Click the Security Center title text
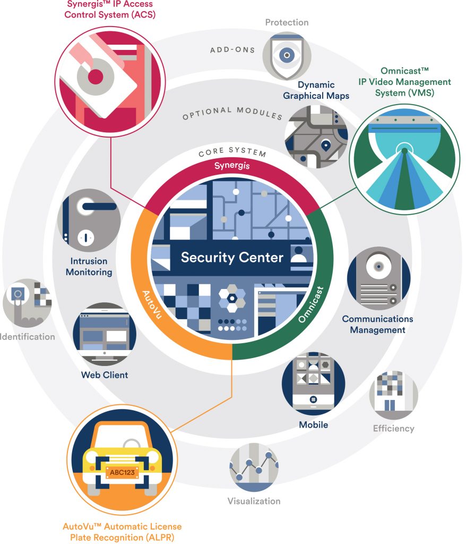click(x=232, y=258)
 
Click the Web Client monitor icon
click(x=105, y=334)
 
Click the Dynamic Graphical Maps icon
click(x=316, y=137)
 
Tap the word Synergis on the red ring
click(x=232, y=166)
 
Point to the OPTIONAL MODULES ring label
click(x=232, y=113)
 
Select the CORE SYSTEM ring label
click(x=232, y=152)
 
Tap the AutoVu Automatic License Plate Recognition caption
click(x=122, y=531)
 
